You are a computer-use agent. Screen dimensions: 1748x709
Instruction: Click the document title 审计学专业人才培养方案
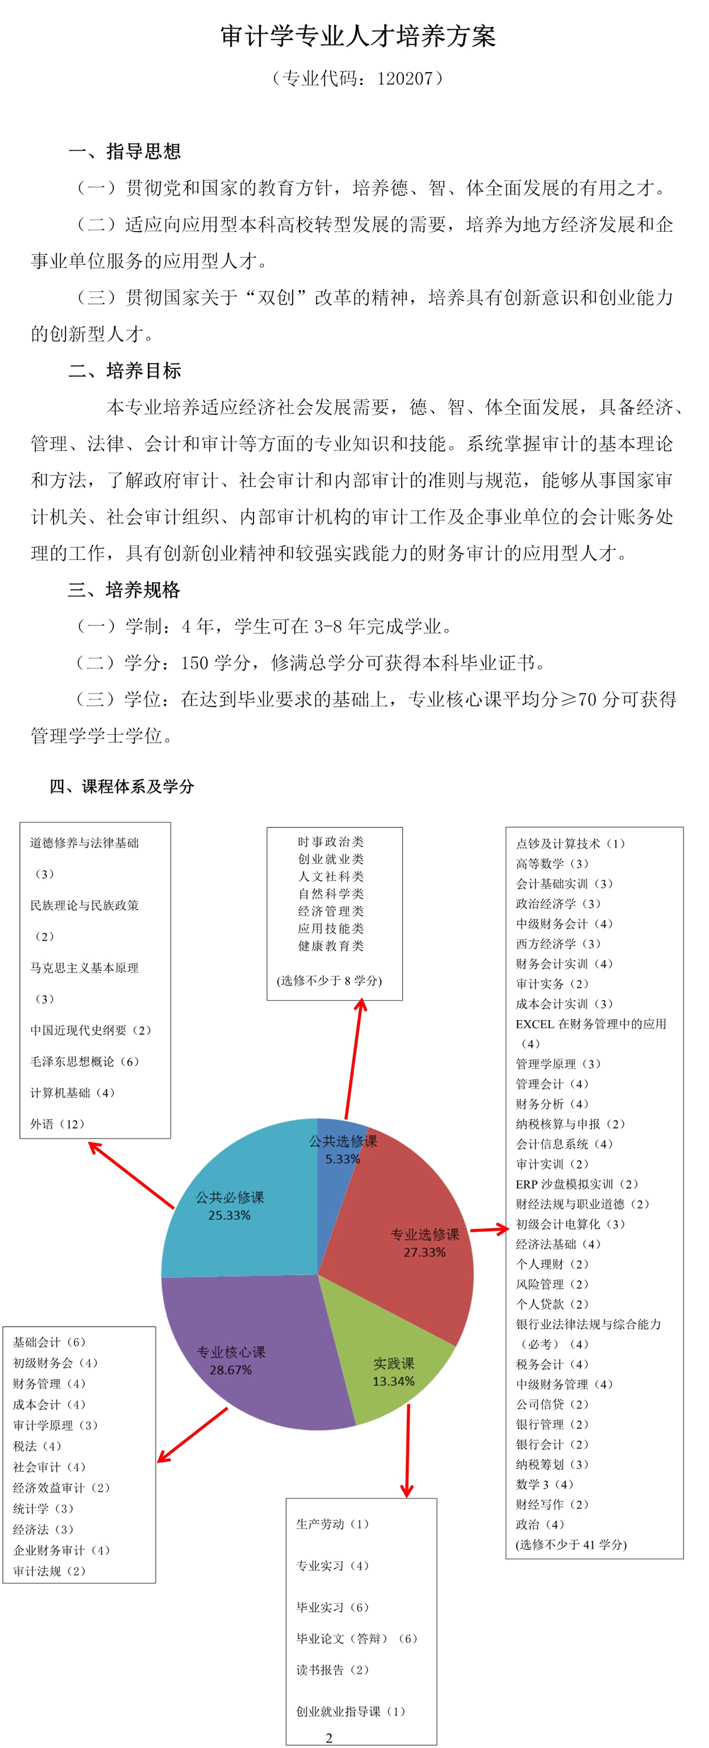click(x=357, y=36)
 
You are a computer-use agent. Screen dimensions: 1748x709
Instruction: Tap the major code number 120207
click(x=404, y=79)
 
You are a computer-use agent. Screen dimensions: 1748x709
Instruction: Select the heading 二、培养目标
click(x=124, y=371)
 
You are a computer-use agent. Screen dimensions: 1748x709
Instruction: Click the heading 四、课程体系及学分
click(x=122, y=786)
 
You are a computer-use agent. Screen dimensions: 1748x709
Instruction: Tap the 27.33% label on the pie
click(x=425, y=1253)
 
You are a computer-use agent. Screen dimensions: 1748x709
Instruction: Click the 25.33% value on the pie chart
click(x=229, y=1215)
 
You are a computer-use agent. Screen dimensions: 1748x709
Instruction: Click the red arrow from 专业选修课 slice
click(x=489, y=1229)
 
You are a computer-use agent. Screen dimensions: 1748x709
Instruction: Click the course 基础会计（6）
click(x=49, y=1342)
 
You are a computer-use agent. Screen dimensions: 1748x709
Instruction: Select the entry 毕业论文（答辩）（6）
click(x=357, y=1639)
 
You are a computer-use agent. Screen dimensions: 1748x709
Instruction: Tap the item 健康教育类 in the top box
click(x=331, y=946)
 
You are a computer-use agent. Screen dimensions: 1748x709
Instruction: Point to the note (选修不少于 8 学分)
click(x=329, y=981)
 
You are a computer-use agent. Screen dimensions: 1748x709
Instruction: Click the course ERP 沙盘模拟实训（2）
click(x=577, y=1184)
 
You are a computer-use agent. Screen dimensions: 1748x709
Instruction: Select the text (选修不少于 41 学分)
click(x=571, y=1545)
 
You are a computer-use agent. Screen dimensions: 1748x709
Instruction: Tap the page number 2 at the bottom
click(x=329, y=1738)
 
